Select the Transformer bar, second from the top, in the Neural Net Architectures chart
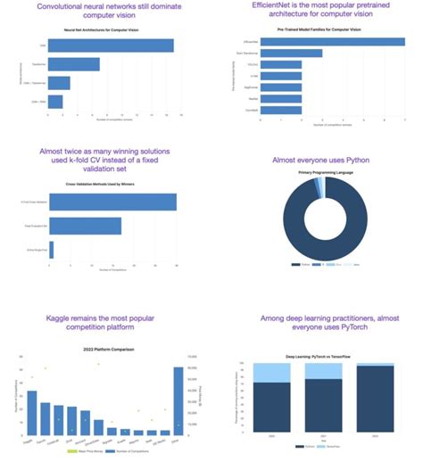click(x=74, y=64)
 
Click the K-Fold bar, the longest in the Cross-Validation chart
click(x=112, y=202)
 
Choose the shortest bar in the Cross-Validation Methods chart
click(x=52, y=250)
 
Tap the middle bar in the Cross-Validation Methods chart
click(x=85, y=226)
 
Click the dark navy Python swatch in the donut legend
click(x=294, y=265)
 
